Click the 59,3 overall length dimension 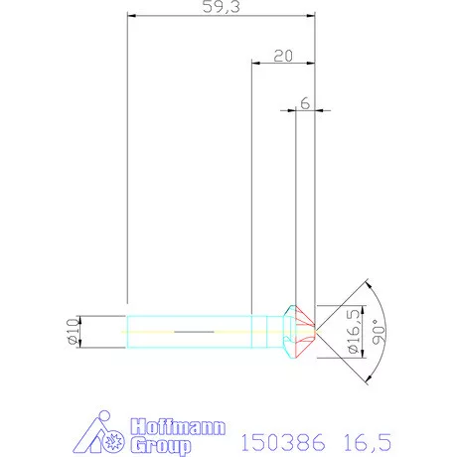221,8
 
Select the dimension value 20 281,57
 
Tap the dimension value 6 305,103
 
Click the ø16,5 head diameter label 353,331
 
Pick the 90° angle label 376,330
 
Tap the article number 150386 283,440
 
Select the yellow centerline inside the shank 149,330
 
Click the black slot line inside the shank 194,330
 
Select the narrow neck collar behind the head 273,330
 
